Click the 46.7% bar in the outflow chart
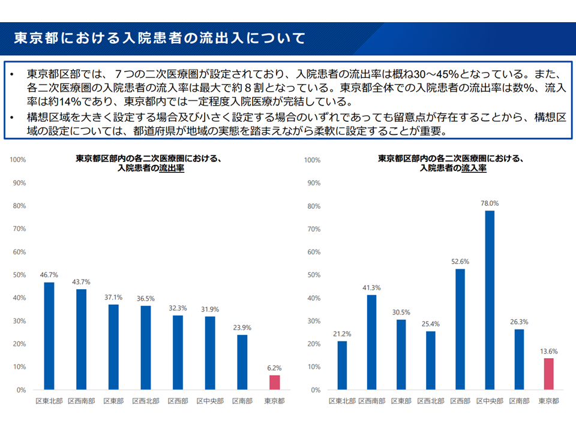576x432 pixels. point(49,336)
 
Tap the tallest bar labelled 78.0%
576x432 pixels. point(490,300)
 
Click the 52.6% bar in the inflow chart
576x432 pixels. point(460,329)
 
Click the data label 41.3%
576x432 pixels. point(372,287)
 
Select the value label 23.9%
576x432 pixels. point(241,328)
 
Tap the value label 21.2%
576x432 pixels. point(342,334)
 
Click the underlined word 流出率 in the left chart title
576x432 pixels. point(172,169)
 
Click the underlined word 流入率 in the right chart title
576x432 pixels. point(474,169)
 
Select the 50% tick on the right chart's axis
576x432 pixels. point(313,275)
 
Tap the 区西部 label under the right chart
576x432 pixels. point(460,401)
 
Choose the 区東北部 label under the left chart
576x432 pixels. point(49,401)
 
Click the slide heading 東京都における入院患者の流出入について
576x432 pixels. point(160,38)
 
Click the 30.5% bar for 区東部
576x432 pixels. point(401,355)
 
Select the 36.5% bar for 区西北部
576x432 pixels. point(145,347)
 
